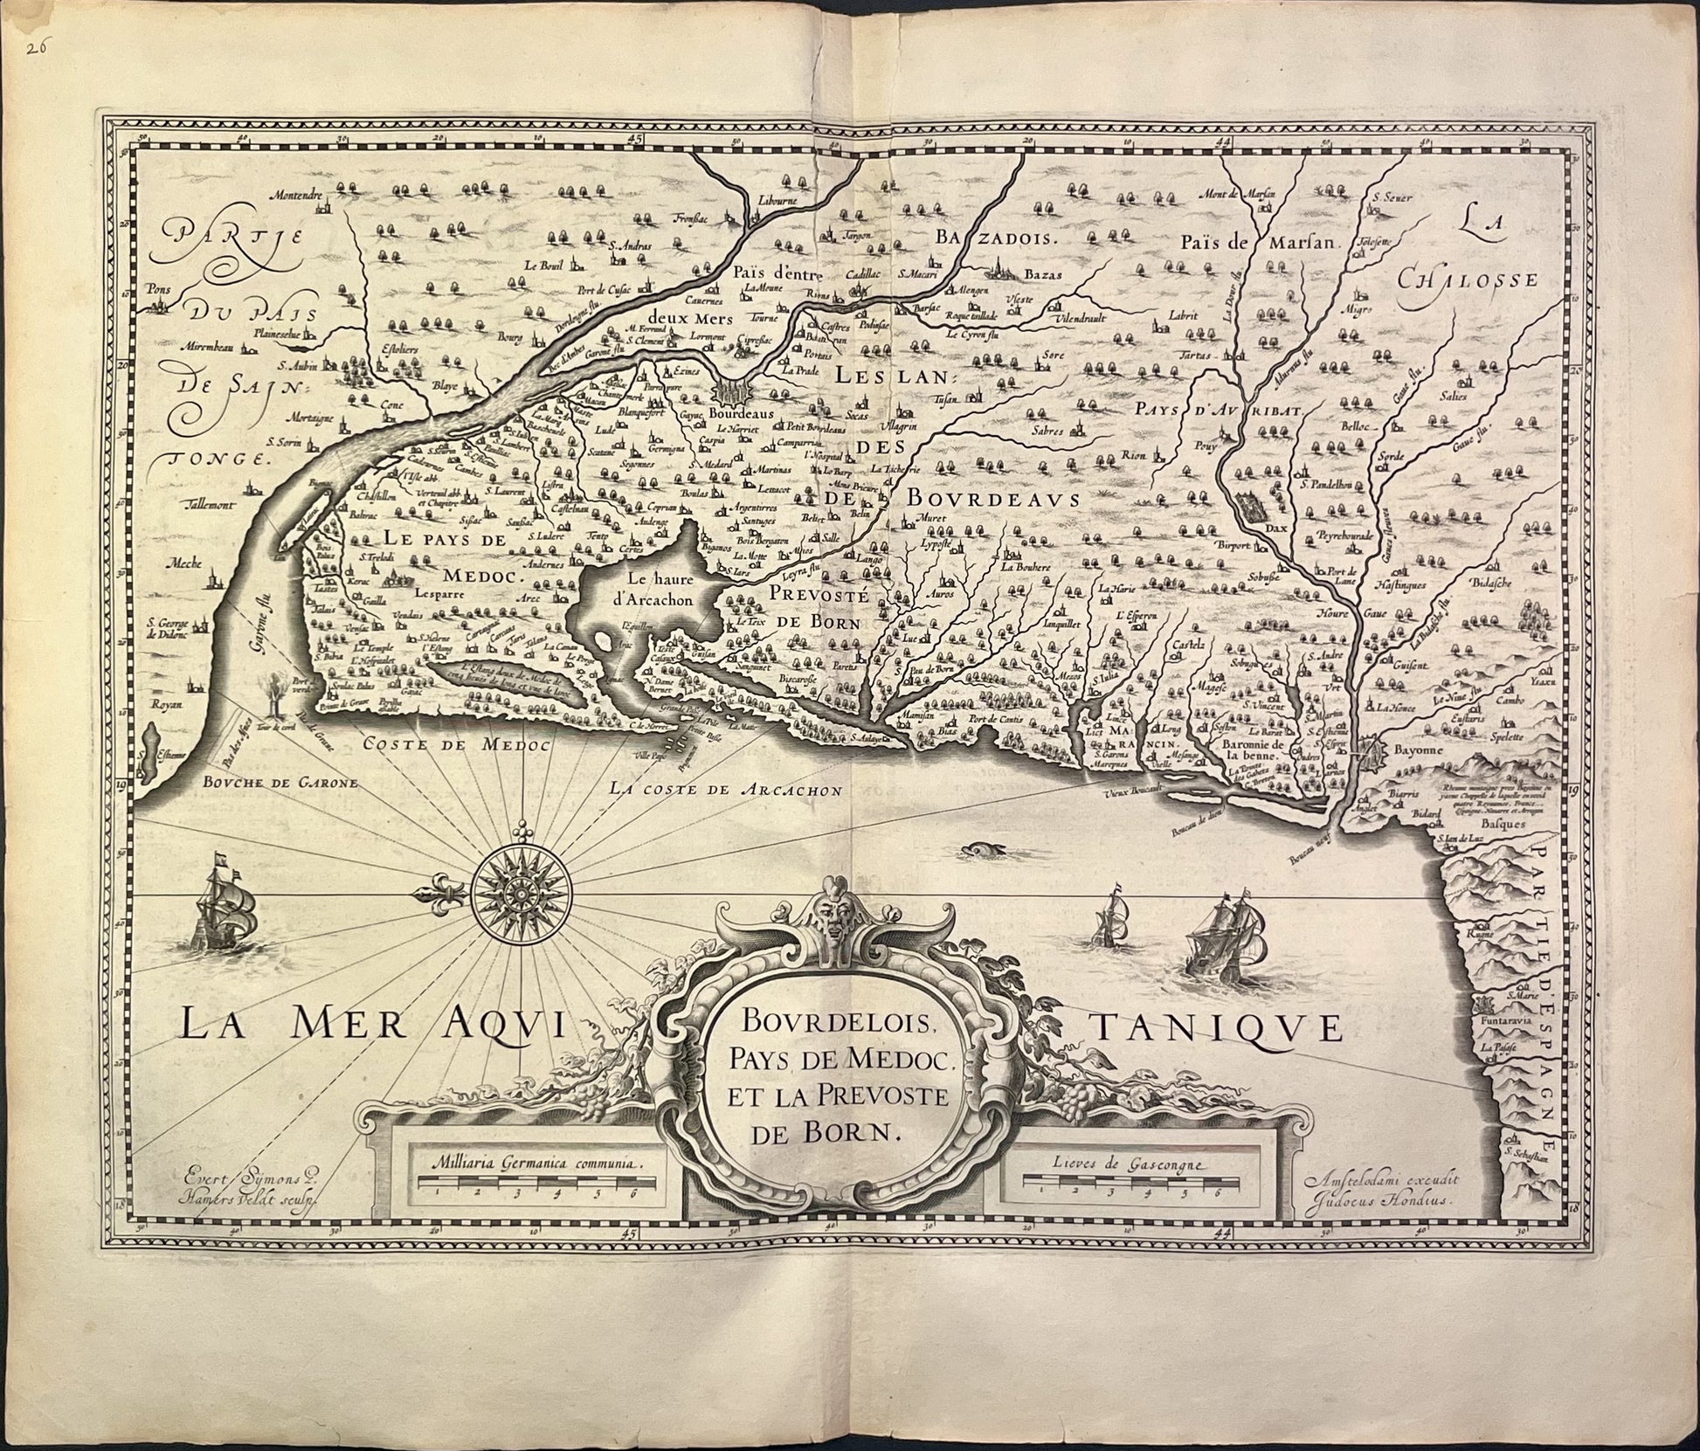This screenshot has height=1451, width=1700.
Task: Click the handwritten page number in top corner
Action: [36, 49]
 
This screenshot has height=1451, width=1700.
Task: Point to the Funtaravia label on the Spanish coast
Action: [1506, 1019]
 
